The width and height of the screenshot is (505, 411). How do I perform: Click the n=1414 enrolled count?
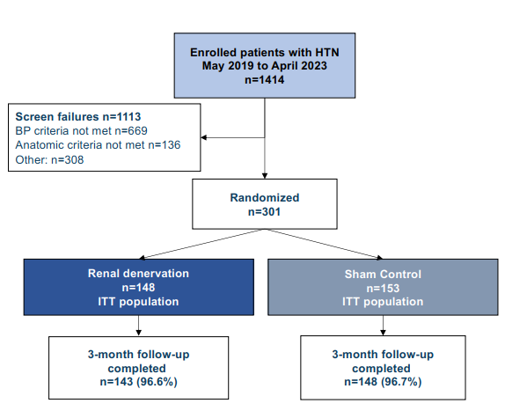[265, 79]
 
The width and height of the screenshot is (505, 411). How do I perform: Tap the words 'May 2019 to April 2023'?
[265, 66]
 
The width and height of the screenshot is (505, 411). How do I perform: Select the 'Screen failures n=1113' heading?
[78, 116]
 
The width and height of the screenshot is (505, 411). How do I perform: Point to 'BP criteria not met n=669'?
[82, 131]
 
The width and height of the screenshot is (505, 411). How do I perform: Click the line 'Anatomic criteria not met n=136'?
[98, 145]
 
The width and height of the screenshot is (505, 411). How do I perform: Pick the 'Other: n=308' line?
[49, 160]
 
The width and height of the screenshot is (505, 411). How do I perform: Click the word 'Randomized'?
[265, 197]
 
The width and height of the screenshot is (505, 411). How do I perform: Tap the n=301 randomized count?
[265, 211]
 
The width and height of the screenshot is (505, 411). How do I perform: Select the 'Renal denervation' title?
[138, 274]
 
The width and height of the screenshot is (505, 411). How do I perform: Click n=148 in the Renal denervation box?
[138, 287]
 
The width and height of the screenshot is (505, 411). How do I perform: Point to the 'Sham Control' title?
[383, 274]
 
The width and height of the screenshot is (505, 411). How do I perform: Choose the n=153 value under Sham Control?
[383, 288]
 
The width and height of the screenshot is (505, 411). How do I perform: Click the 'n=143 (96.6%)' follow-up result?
[138, 382]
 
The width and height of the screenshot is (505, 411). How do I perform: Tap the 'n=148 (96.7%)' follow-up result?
[383, 382]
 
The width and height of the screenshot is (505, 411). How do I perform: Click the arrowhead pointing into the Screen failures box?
[203, 137]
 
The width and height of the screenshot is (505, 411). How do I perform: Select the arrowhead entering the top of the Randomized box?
[265, 176]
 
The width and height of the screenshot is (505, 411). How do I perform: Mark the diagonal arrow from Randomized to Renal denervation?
[202, 244]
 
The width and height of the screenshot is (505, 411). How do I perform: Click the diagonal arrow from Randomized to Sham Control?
[324, 244]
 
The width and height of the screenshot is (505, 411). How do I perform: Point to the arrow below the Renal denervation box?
[139, 326]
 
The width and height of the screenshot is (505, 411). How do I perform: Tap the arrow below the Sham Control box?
[383, 326]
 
